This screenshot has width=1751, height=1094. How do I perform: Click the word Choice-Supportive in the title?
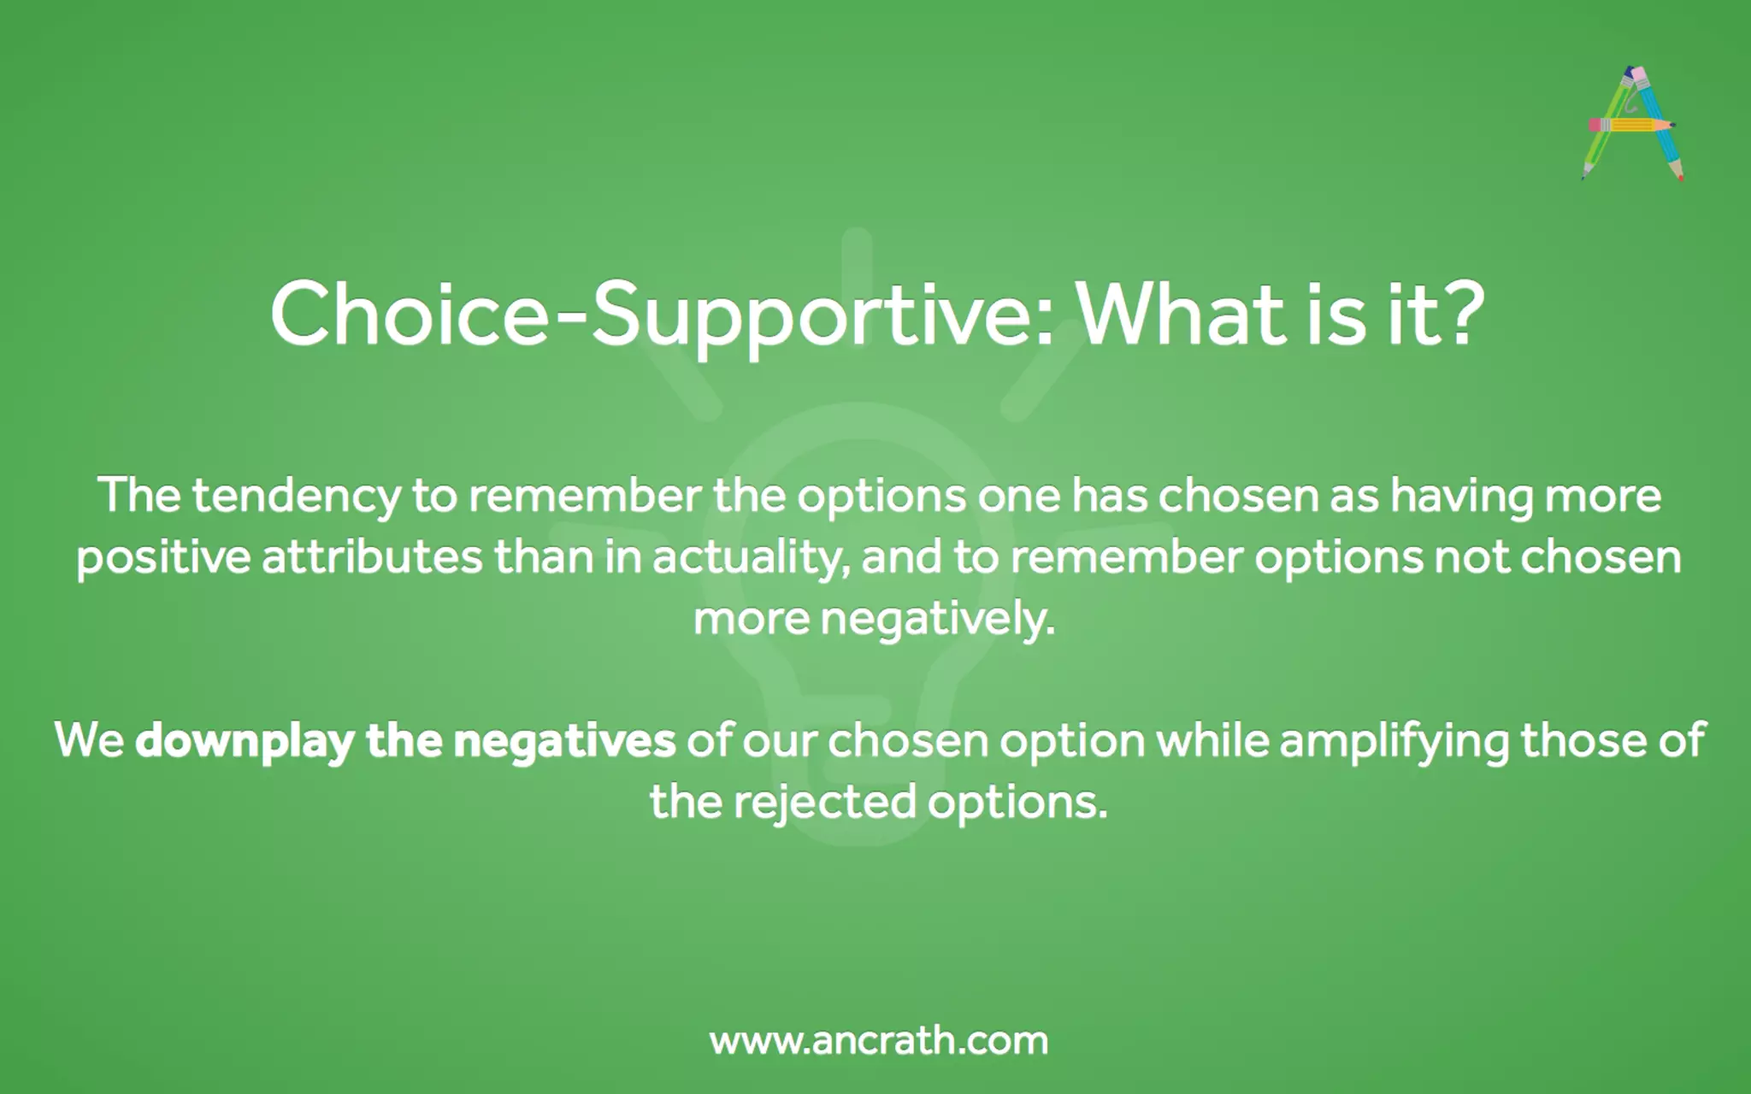tap(661, 315)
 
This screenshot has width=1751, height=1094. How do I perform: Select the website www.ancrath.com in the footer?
tap(878, 1041)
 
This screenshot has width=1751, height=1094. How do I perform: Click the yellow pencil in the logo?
tap(1631, 126)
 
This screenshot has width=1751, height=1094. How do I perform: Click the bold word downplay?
tap(245, 741)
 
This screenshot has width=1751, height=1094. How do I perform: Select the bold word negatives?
tap(564, 740)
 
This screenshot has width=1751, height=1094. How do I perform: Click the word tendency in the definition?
tap(296, 497)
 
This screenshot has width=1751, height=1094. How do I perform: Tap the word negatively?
tap(937, 620)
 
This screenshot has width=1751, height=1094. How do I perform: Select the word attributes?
tap(372, 558)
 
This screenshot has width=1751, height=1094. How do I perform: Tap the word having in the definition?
tap(1461, 497)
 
